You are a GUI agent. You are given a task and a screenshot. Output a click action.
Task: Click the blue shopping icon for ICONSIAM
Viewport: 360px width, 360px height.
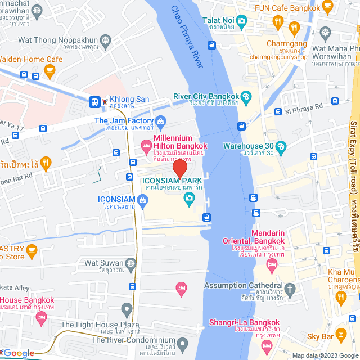[142, 200]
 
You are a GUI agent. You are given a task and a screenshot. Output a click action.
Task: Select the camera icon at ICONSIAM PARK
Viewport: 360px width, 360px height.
[189, 197]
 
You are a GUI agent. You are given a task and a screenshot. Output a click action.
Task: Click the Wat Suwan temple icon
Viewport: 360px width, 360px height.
[130, 263]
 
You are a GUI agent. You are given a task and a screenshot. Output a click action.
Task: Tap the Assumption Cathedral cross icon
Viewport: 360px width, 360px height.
[290, 290]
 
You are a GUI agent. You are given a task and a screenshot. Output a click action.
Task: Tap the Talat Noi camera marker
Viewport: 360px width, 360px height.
[241, 21]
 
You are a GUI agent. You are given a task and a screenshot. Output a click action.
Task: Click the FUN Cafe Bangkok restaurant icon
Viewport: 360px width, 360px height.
[277, 21]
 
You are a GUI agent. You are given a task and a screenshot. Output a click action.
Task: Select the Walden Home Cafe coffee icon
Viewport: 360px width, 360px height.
[49, 70]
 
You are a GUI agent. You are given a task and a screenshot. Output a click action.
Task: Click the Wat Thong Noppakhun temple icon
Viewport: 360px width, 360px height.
[106, 40]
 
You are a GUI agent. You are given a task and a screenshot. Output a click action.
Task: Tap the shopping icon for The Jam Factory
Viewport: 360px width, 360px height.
[161, 120]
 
